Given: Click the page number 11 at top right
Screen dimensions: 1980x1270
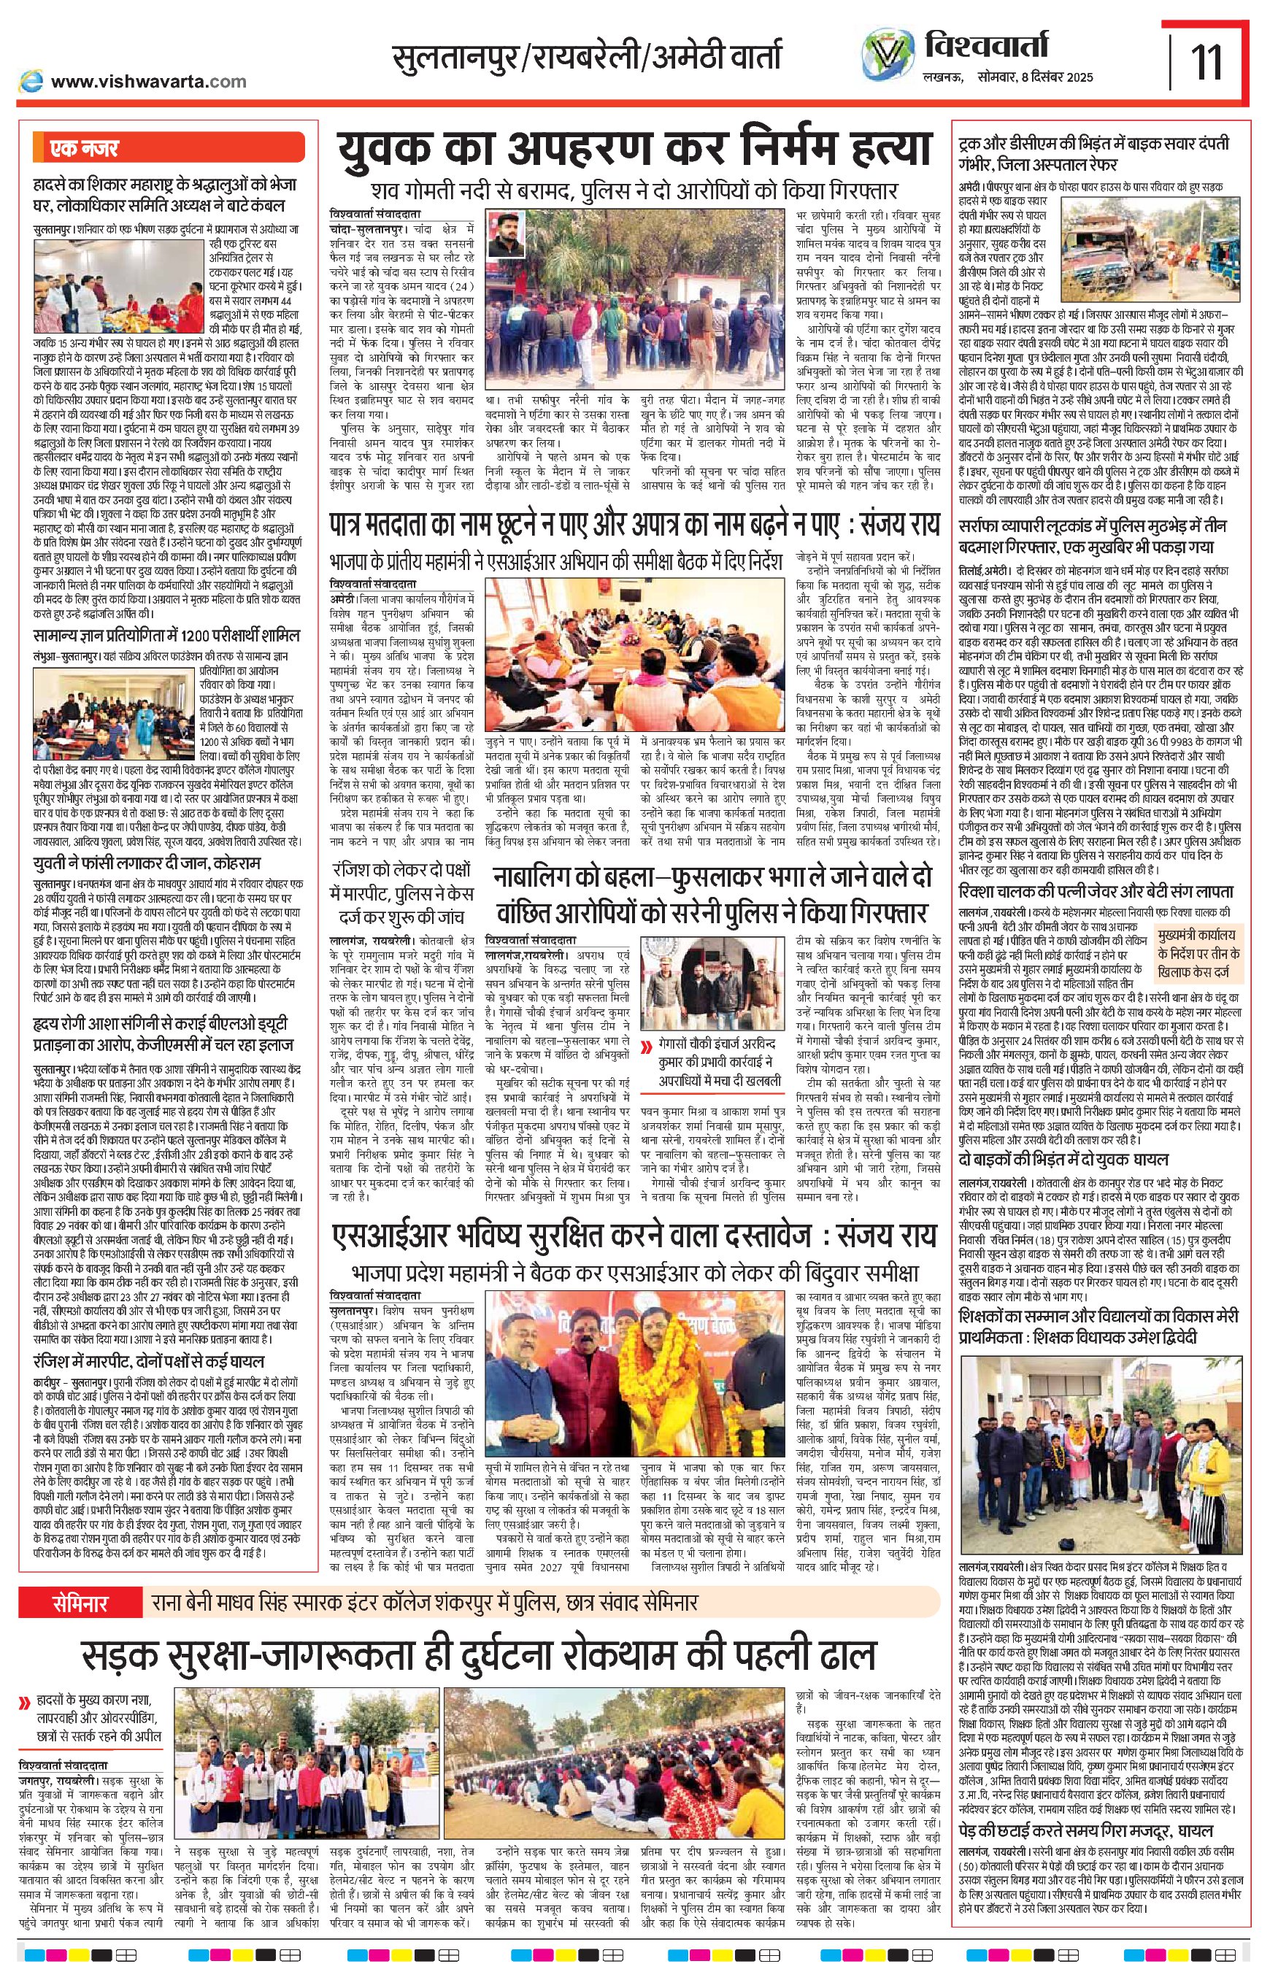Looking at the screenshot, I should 1207,60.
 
